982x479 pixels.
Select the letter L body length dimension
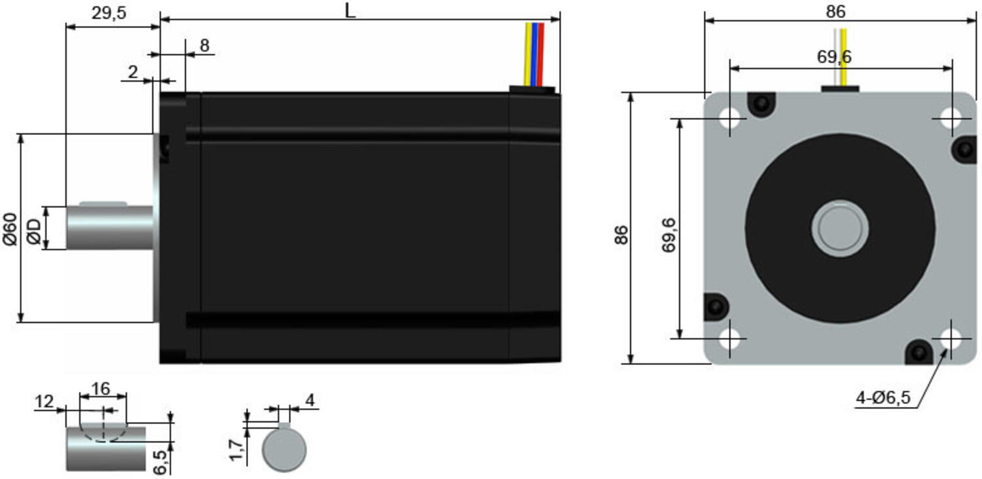coord(350,11)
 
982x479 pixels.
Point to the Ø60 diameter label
coord(10,228)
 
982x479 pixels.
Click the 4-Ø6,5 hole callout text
coord(883,398)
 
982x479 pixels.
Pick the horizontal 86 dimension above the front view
coord(836,12)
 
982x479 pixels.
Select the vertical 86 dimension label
coord(621,234)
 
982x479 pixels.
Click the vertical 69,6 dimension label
coord(669,234)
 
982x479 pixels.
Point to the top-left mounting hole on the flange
coord(730,119)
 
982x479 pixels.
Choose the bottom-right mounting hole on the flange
coord(951,339)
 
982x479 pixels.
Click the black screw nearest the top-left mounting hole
coord(761,104)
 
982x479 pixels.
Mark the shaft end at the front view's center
coord(840,228)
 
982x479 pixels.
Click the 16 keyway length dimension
coord(101,389)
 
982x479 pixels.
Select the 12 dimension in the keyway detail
coord(44,402)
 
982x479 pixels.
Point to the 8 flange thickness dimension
coord(204,45)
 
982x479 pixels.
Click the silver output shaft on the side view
coord(109,227)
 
